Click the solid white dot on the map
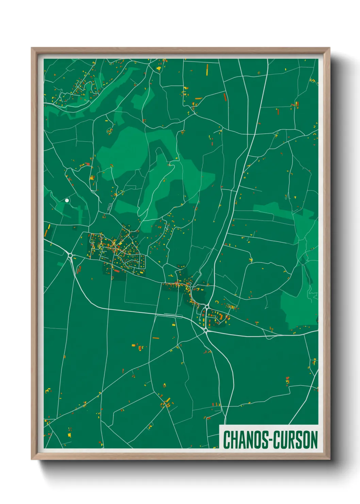tap(67, 201)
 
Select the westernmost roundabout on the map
tap(70, 255)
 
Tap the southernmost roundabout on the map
tap(206, 330)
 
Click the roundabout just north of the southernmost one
tap(207, 307)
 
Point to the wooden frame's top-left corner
tap(32, 48)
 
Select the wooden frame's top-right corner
tap(329, 48)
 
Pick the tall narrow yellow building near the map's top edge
tap(207, 69)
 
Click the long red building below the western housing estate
tap(116, 271)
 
